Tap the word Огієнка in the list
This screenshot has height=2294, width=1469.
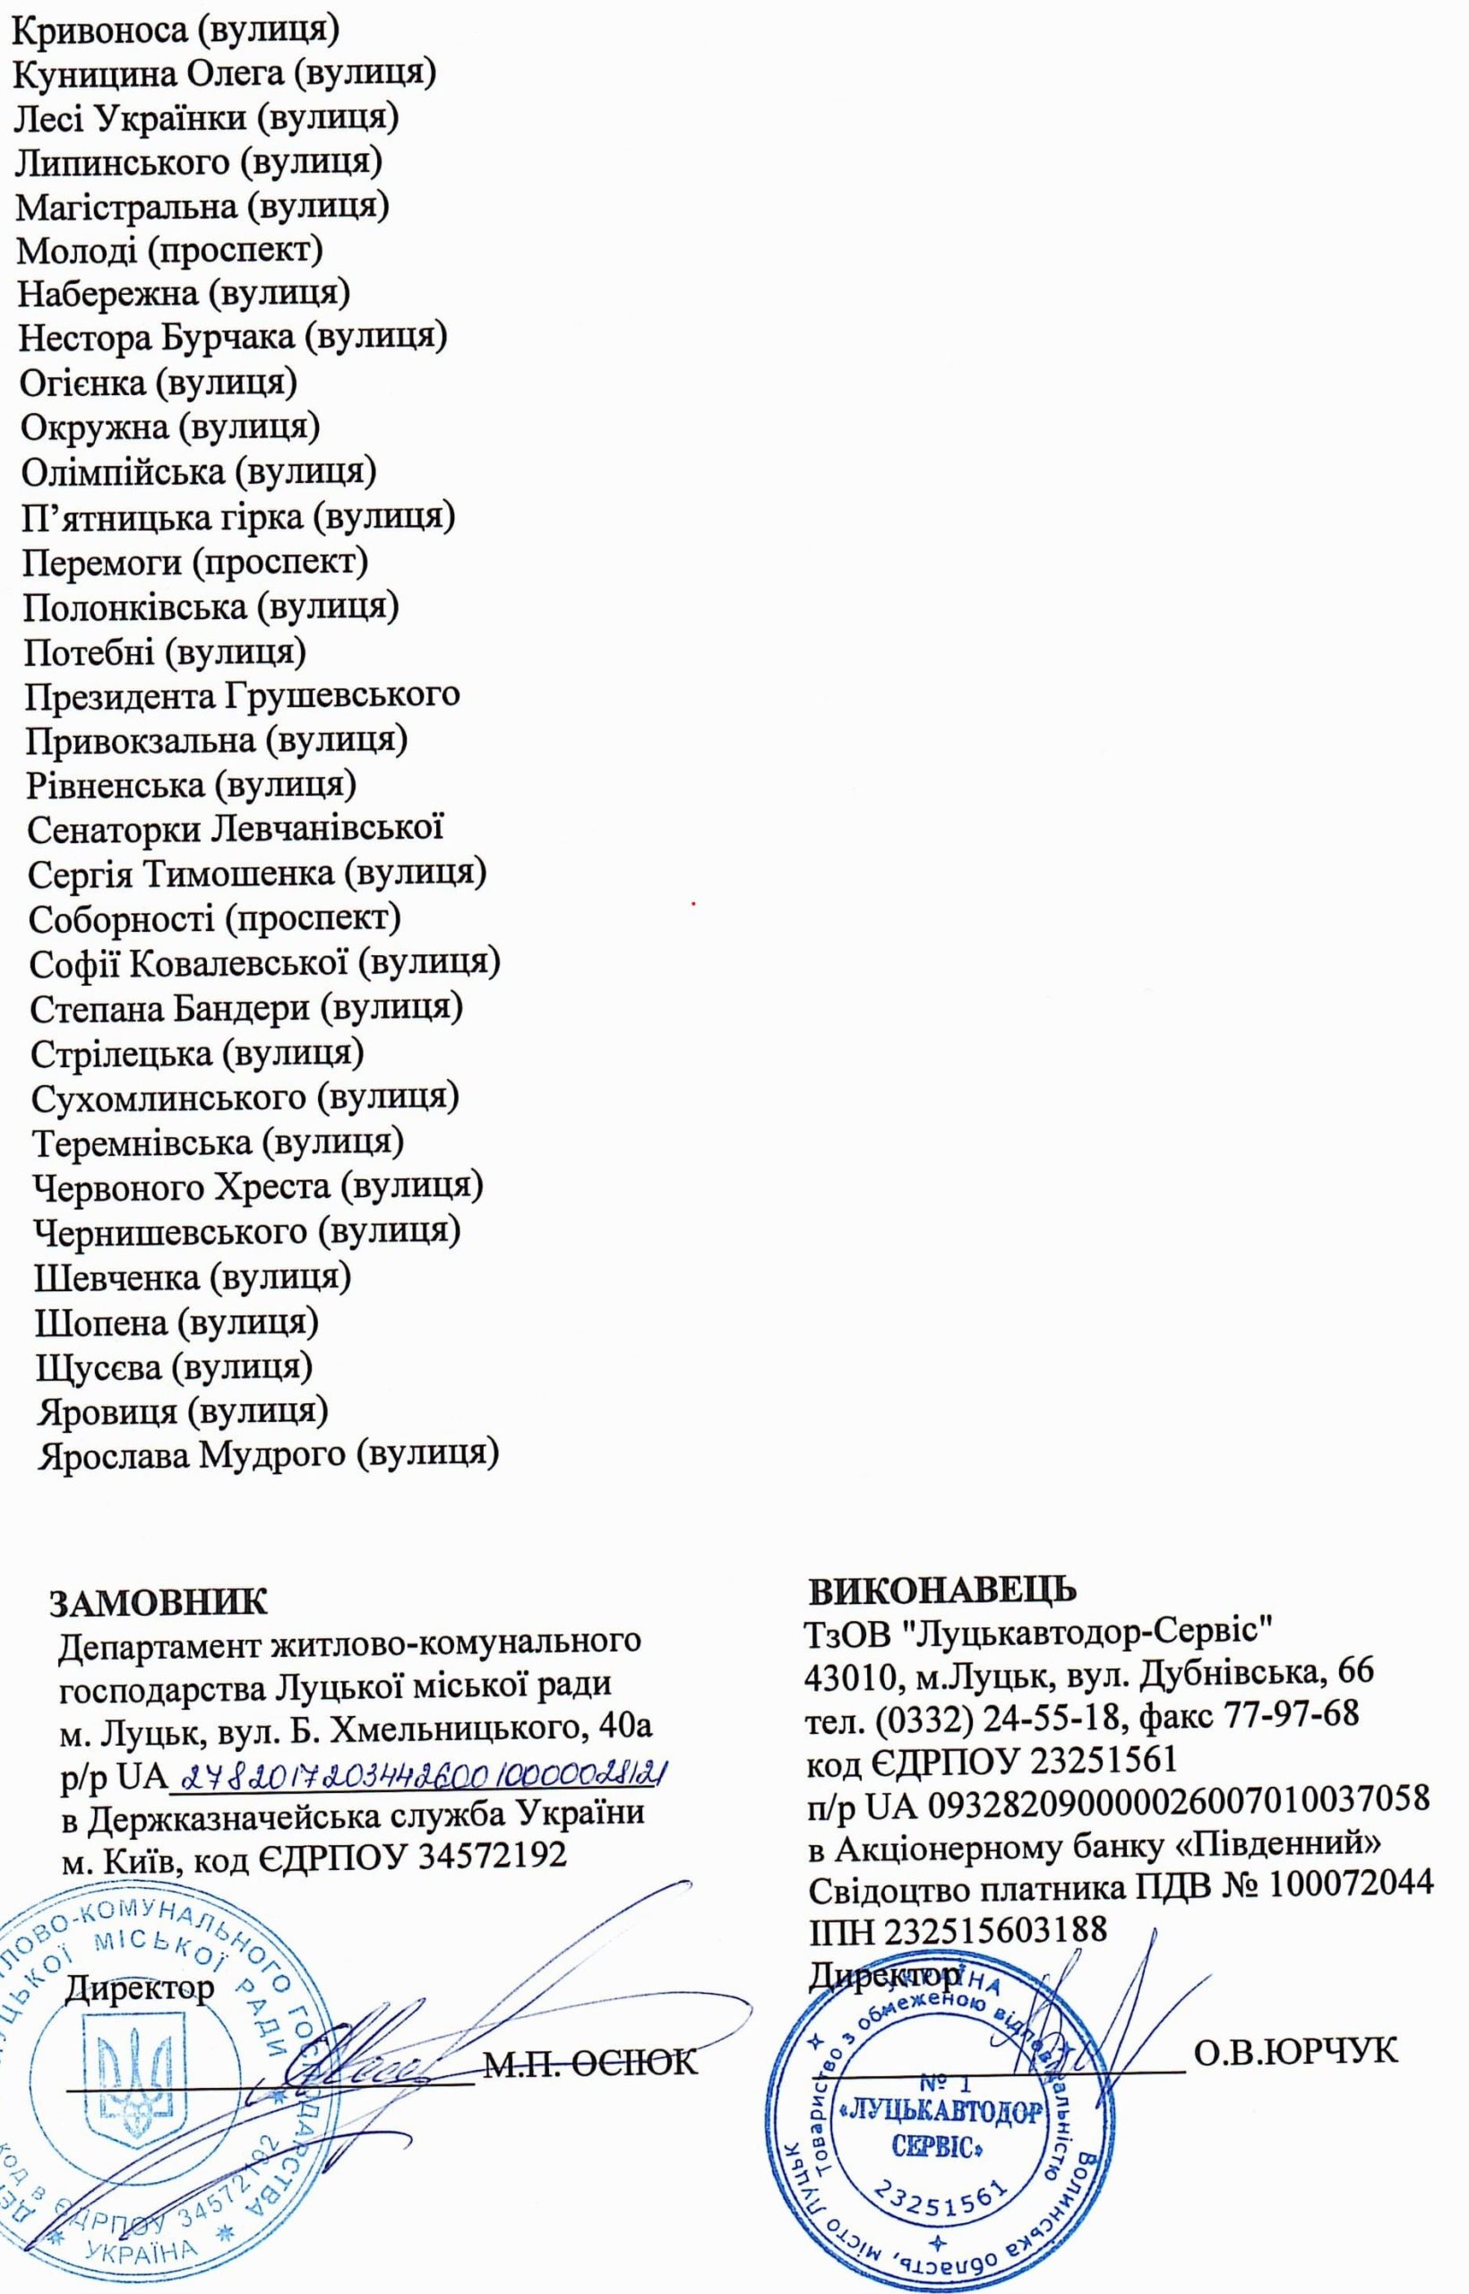(83, 383)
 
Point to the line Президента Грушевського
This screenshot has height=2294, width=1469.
(242, 695)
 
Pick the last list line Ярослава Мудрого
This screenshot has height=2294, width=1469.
(267, 1455)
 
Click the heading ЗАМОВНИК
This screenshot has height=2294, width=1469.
(159, 1603)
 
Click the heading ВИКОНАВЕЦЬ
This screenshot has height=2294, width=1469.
(942, 1589)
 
